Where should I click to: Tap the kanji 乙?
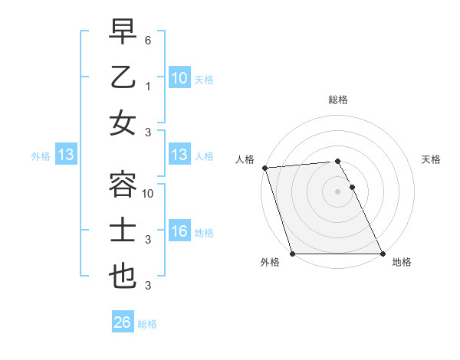click(x=123, y=77)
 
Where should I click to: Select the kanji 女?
click(x=123, y=123)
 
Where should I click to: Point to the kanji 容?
click(x=123, y=185)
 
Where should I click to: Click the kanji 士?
click(x=123, y=231)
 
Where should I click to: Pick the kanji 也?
click(x=123, y=277)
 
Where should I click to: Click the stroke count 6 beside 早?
click(x=149, y=39)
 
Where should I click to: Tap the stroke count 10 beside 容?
click(x=149, y=194)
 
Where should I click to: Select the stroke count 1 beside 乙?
click(x=149, y=86)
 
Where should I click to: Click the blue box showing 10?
click(x=179, y=78)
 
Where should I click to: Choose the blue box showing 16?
click(x=179, y=232)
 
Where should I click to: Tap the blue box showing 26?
click(x=122, y=322)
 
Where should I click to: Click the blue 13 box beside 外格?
click(x=65, y=155)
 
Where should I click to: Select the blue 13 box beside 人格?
click(x=179, y=155)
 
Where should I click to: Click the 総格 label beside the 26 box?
click(x=147, y=324)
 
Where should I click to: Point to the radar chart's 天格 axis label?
click(x=431, y=159)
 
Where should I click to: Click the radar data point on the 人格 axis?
click(x=264, y=168)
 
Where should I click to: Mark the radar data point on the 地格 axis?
click(x=383, y=254)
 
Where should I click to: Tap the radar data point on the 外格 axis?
click(x=292, y=254)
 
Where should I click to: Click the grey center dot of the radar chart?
click(x=337, y=191)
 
